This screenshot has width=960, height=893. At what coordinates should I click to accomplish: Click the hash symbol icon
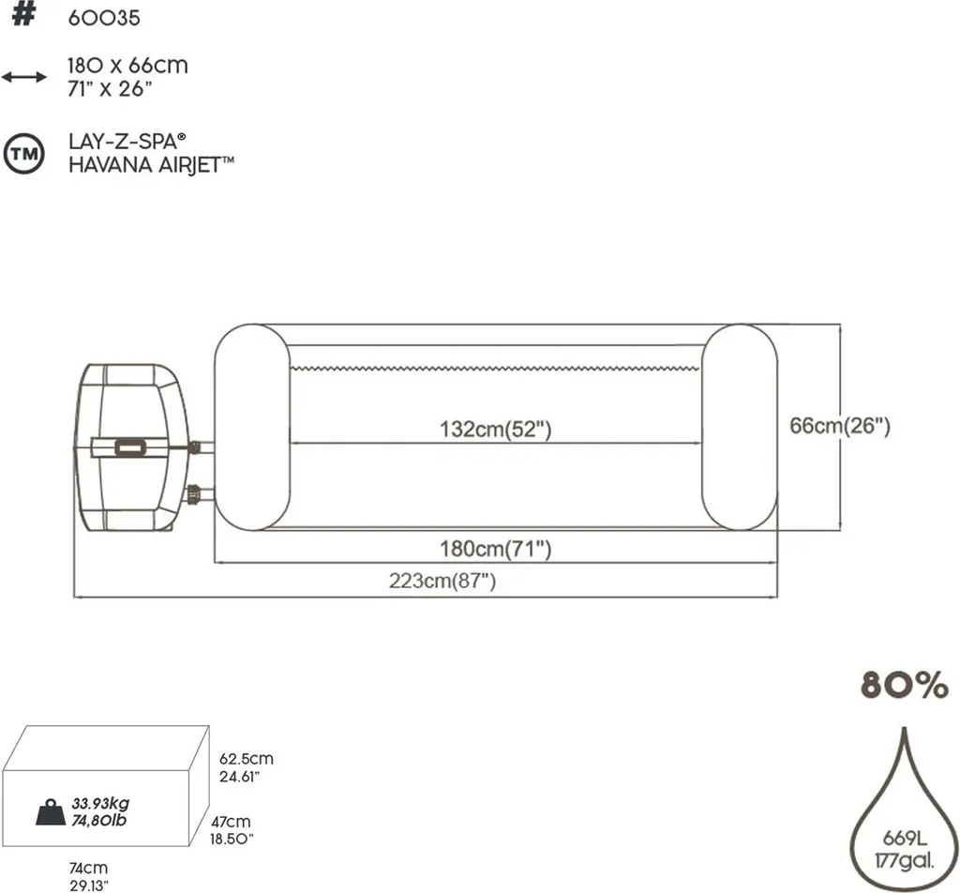[x=23, y=18]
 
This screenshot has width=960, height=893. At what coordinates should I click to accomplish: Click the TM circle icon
[x=23, y=155]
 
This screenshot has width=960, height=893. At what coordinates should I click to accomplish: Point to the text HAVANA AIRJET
[x=151, y=164]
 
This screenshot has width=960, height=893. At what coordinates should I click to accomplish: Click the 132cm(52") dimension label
[x=494, y=430]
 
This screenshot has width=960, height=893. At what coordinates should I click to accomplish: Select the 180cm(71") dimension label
[x=495, y=550]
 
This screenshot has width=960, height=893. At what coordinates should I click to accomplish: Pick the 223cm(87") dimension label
[x=442, y=581]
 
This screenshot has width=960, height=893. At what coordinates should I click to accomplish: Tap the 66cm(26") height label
[x=839, y=425]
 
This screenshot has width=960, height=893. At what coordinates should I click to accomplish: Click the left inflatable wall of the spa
[x=252, y=427]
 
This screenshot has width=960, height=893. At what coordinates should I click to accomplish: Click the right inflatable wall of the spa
[x=739, y=427]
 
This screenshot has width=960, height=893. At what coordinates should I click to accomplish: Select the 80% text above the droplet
[x=904, y=687]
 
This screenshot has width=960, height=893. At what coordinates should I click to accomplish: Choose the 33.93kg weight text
[x=99, y=804]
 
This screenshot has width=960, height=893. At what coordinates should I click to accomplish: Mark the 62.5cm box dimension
[x=247, y=759]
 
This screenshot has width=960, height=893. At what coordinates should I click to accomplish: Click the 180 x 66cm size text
[x=127, y=66]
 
